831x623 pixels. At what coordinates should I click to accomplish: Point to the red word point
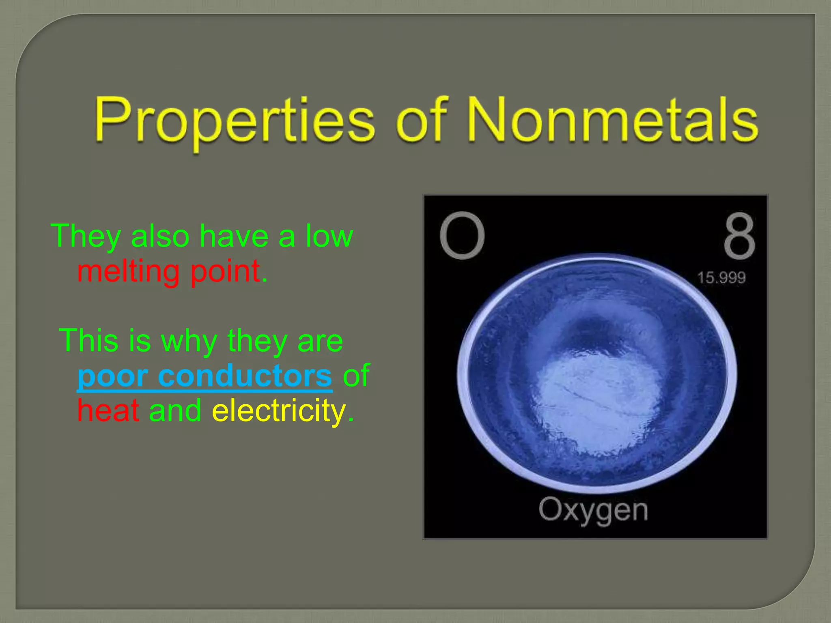pos(225,271)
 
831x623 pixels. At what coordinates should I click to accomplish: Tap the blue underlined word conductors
pos(245,376)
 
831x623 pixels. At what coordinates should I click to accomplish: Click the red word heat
pos(108,410)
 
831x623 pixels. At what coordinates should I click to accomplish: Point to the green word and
pos(175,410)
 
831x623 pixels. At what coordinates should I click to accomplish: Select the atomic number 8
pos(739,236)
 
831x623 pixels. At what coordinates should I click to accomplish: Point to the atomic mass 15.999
pos(721,278)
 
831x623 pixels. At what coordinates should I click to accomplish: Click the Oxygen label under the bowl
pos(593,510)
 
